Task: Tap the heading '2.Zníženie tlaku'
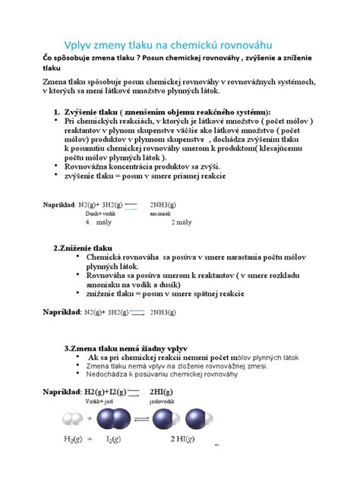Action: point(83,248)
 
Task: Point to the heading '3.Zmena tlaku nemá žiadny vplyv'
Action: point(133,347)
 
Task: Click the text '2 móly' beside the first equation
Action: point(182,223)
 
